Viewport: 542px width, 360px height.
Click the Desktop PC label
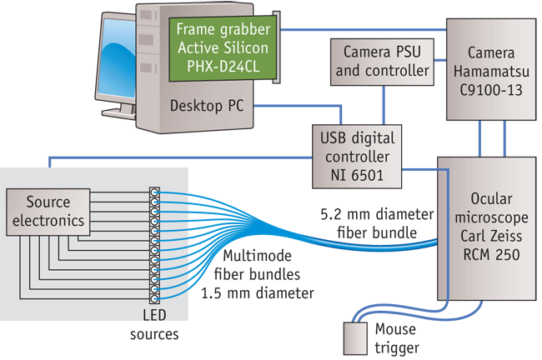(x=208, y=107)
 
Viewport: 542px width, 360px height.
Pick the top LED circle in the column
(x=154, y=192)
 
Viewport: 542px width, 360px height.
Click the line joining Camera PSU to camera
(x=440, y=62)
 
